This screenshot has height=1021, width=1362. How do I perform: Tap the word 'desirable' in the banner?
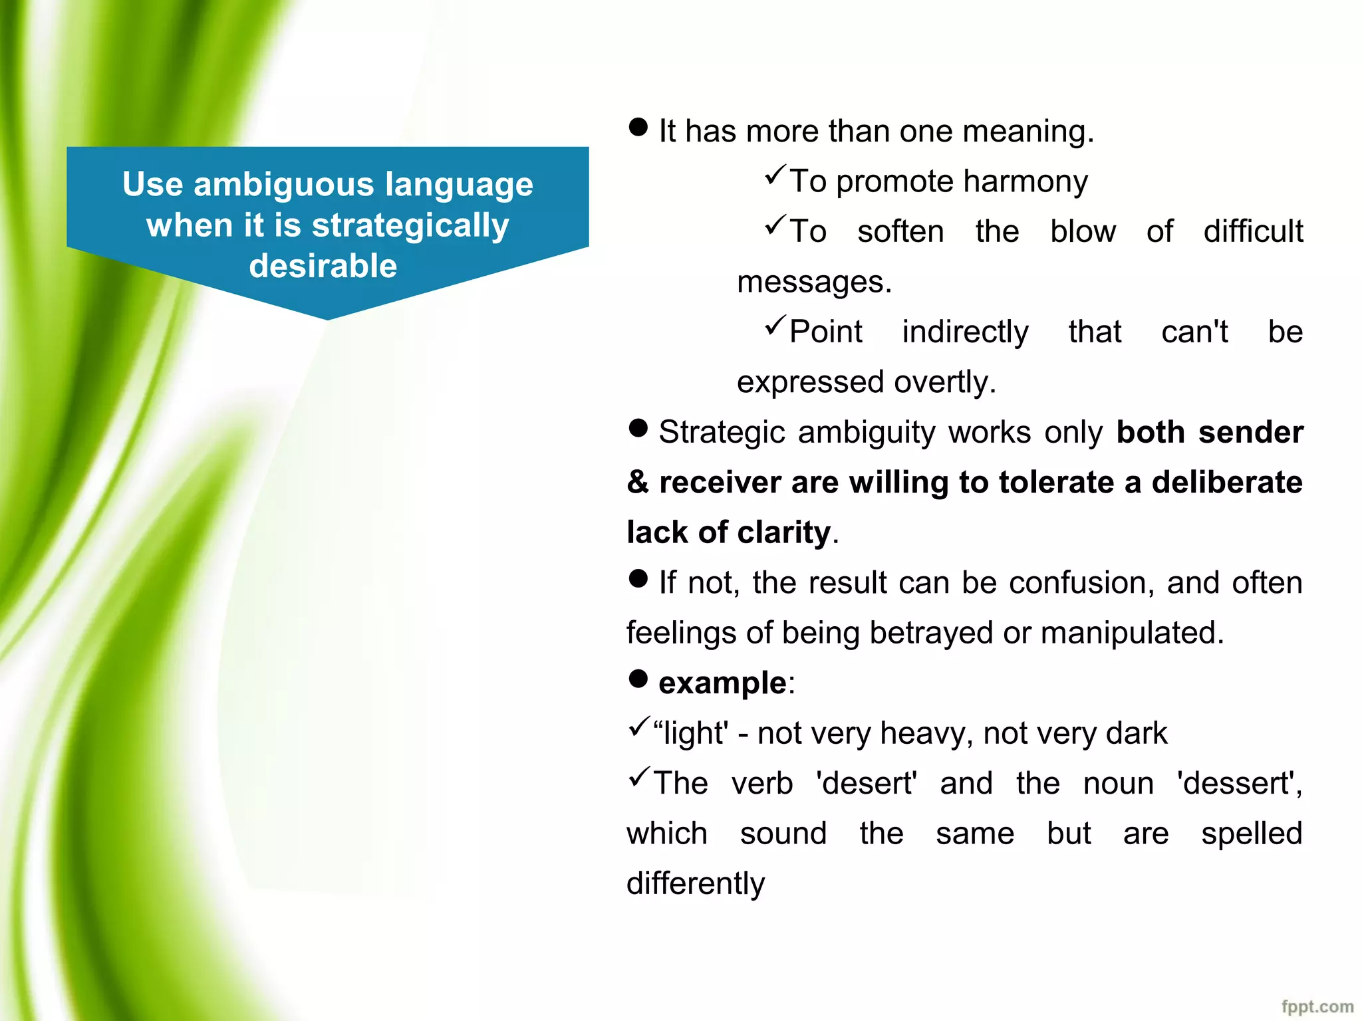(323, 266)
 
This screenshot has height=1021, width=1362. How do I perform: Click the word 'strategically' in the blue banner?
(410, 226)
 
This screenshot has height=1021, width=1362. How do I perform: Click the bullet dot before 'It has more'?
(638, 128)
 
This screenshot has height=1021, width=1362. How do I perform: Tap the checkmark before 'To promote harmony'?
(775, 175)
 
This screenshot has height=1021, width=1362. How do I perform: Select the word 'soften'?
(900, 231)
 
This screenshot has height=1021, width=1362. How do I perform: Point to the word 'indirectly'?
(965, 332)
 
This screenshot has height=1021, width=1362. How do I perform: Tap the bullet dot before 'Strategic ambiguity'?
(638, 429)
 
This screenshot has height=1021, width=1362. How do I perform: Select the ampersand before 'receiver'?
(638, 483)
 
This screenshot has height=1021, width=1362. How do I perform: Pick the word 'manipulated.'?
(1132, 633)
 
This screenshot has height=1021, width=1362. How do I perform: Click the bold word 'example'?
(722, 683)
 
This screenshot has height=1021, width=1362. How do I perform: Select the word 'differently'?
(696, 884)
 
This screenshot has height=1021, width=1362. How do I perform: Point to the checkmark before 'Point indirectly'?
(775, 325)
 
